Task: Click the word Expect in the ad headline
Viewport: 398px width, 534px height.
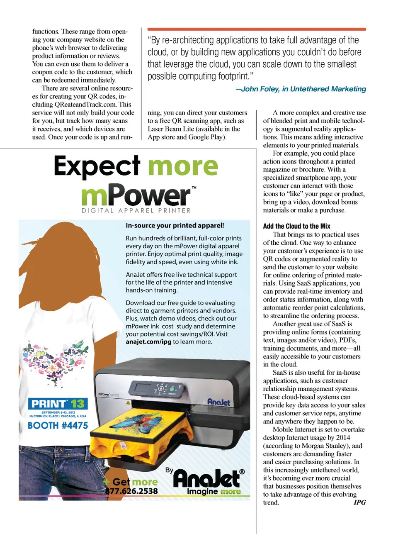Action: (97, 166)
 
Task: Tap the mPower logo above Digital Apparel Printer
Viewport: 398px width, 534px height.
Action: (136, 195)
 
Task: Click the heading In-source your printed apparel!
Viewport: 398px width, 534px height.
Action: (175, 225)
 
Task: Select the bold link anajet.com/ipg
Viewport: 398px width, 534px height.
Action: (148, 342)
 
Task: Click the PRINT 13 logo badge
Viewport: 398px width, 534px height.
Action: (57, 403)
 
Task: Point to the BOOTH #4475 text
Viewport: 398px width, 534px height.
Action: (58, 425)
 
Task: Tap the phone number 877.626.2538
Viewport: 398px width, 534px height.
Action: (131, 491)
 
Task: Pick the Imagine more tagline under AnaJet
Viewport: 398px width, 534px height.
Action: (214, 492)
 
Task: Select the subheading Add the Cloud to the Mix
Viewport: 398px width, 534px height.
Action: (296, 226)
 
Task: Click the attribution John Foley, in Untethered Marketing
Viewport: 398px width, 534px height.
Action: (301, 89)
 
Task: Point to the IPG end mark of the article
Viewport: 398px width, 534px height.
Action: (359, 502)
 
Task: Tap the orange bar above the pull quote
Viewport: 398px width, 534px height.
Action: (257, 29)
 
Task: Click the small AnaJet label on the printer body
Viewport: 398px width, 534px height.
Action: (218, 402)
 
